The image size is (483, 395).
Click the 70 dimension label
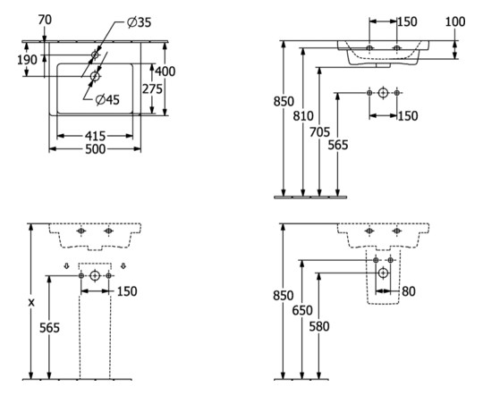click(45, 20)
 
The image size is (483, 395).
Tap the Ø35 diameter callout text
click(140, 22)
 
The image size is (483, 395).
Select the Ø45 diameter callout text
click(107, 100)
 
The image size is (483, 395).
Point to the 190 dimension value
click(27, 60)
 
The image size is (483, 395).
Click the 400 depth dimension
click(165, 71)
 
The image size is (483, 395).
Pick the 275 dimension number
click(152, 89)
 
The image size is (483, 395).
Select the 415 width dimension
click(95, 136)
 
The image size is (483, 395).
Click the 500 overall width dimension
click(95, 149)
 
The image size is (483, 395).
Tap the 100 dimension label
click(455, 21)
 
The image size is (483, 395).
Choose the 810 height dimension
click(303, 116)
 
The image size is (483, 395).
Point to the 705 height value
click(319, 132)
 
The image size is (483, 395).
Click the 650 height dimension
click(302, 311)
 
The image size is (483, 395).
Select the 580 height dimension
click(319, 326)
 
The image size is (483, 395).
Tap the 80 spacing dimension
click(409, 291)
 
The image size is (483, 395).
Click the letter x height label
click(31, 303)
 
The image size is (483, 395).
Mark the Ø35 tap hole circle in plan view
click(95, 55)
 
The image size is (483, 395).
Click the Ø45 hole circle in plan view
click(95, 76)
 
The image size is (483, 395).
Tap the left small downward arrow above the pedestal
click(66, 265)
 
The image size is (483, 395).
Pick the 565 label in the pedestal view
click(49, 328)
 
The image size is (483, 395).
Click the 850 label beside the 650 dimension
click(283, 296)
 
